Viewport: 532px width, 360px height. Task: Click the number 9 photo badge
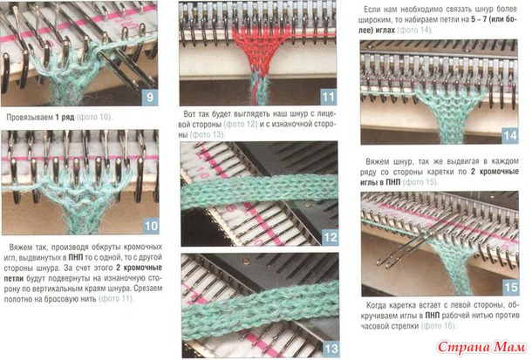pyautogui.click(x=150, y=98)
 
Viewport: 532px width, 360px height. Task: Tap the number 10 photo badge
pyautogui.click(x=151, y=226)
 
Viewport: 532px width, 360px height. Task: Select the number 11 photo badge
pyautogui.click(x=328, y=97)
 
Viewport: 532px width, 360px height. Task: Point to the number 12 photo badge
pyautogui.click(x=331, y=237)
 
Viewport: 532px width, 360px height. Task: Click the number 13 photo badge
pyautogui.click(x=331, y=349)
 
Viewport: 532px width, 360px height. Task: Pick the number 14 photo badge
pyautogui.click(x=510, y=136)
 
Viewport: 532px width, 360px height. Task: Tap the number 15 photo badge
pyautogui.click(x=510, y=288)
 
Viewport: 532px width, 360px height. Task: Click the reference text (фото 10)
pyautogui.click(x=95, y=118)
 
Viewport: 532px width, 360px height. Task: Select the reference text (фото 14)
pyautogui.click(x=415, y=30)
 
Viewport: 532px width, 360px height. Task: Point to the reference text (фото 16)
pyautogui.click(x=439, y=326)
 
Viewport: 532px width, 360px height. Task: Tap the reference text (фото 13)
pyautogui.click(x=208, y=134)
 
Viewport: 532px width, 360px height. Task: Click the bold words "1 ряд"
pyautogui.click(x=65, y=118)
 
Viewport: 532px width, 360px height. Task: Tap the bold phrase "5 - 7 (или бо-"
pyautogui.click(x=494, y=19)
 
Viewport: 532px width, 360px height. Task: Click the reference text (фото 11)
pyautogui.click(x=116, y=299)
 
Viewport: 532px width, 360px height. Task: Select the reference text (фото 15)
pyautogui.click(x=420, y=182)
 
